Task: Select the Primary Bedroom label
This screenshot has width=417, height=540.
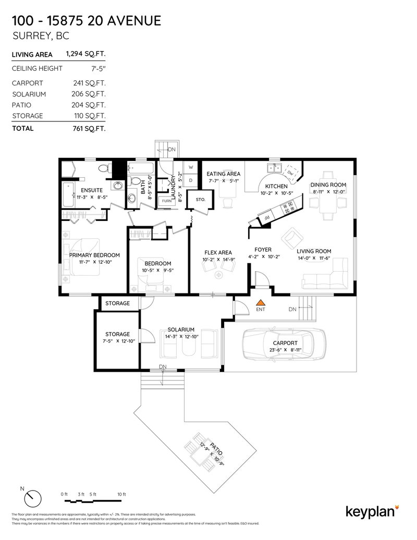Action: tap(94, 255)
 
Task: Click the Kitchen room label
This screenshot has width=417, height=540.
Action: tap(276, 186)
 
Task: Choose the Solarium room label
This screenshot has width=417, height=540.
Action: tap(181, 329)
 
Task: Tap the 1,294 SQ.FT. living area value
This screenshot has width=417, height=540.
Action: tap(85, 54)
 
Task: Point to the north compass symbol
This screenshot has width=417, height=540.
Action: tap(32, 497)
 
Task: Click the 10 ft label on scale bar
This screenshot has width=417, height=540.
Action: tap(121, 494)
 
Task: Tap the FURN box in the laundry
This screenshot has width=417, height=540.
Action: tap(167, 201)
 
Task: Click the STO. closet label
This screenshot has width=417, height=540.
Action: tap(201, 200)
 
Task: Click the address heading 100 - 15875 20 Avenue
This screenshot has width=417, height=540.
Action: tap(86, 21)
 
